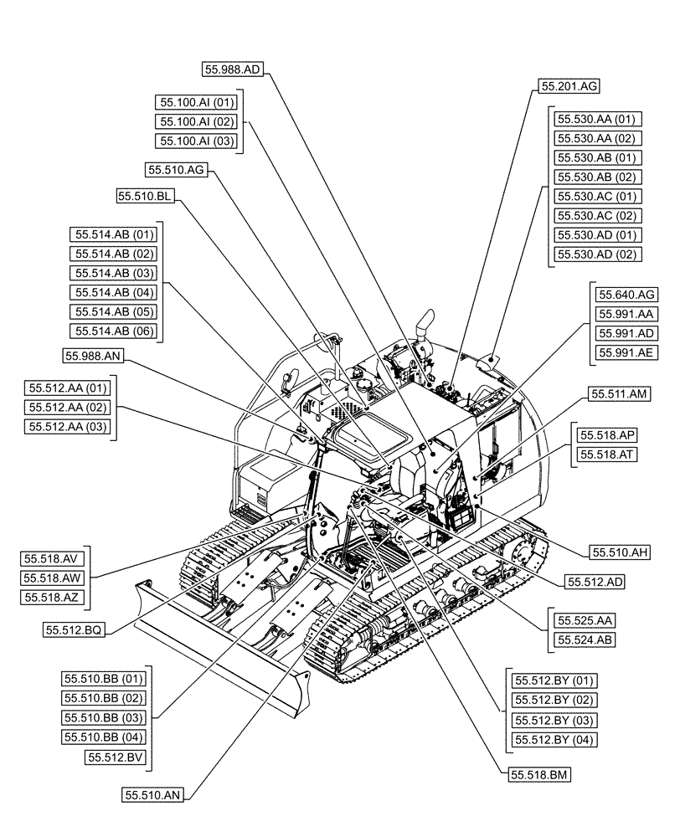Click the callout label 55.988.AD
[x=233, y=69]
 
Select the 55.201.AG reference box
[x=569, y=85]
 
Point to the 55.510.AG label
[x=175, y=170]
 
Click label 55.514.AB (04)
[x=115, y=292]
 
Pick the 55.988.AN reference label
[x=94, y=357]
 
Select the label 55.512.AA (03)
[x=68, y=427]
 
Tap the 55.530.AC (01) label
[x=597, y=197]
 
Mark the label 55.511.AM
[x=619, y=393]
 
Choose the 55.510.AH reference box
[x=621, y=551]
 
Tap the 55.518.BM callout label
[x=538, y=775]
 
